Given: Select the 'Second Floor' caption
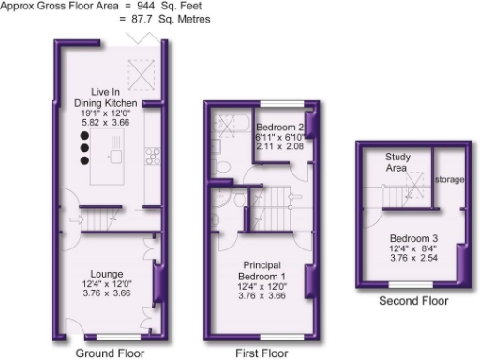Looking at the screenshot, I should point(413,301).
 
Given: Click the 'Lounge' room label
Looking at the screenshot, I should point(110,276).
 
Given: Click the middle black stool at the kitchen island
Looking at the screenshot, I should point(83,147).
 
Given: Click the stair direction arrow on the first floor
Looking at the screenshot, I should point(292,198).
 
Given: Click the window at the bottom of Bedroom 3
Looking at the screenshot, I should point(412,282).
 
